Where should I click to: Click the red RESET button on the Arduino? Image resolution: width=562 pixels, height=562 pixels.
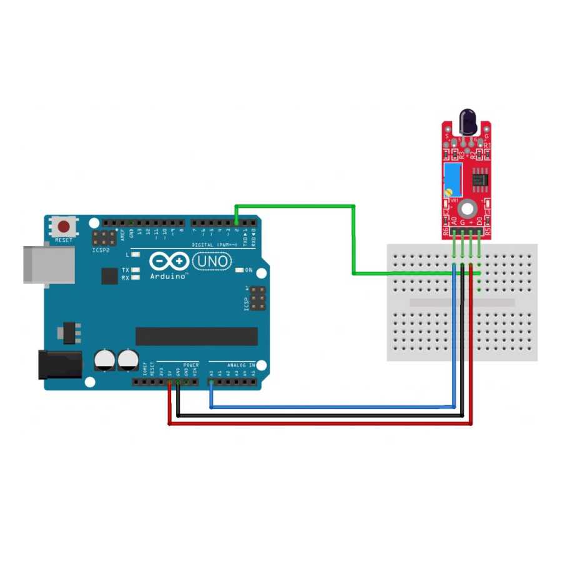pyautogui.click(x=63, y=226)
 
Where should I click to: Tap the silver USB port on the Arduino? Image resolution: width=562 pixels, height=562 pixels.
pyautogui.click(x=48, y=264)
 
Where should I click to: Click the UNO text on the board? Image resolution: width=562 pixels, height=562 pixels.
pyautogui.click(x=212, y=261)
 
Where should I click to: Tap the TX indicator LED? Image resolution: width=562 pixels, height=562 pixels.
pyautogui.click(x=135, y=270)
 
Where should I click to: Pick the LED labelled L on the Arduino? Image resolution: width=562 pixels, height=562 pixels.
pyautogui.click(x=135, y=255)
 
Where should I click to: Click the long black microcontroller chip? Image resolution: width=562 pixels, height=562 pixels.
pyautogui.click(x=196, y=336)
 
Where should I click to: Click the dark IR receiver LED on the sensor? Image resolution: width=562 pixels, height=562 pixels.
pyautogui.click(x=468, y=120)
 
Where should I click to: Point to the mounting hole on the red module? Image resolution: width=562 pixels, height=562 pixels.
pyautogui.click(x=466, y=209)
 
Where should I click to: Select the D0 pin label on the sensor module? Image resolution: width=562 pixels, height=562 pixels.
pyautogui.click(x=480, y=222)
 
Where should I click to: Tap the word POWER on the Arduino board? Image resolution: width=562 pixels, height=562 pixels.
pyautogui.click(x=191, y=365)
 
